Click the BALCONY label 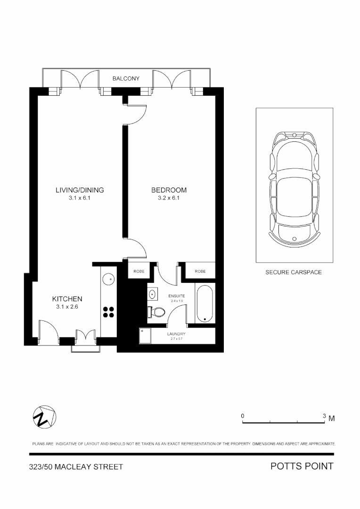pyautogui.click(x=126, y=79)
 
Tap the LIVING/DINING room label pyautogui.click(x=80, y=190)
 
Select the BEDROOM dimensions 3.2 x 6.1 pyautogui.click(x=169, y=198)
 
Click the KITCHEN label pyautogui.click(x=67, y=299)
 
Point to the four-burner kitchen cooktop pyautogui.click(x=109, y=312)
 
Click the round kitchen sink pyautogui.click(x=108, y=279)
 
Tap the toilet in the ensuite pyautogui.click(x=156, y=312)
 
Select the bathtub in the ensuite pyautogui.click(x=204, y=304)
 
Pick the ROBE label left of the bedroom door pyautogui.click(x=139, y=271)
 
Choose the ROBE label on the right pyautogui.click(x=200, y=271)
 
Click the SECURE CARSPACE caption pyautogui.click(x=294, y=272)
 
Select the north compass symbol pyautogui.click(x=44, y=417)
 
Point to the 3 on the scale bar pyautogui.click(x=324, y=416)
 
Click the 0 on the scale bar pyautogui.click(x=243, y=416)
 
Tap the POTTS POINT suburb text pyautogui.click(x=302, y=467)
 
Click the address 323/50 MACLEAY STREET pyautogui.click(x=76, y=467)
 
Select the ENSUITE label pyautogui.click(x=176, y=296)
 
